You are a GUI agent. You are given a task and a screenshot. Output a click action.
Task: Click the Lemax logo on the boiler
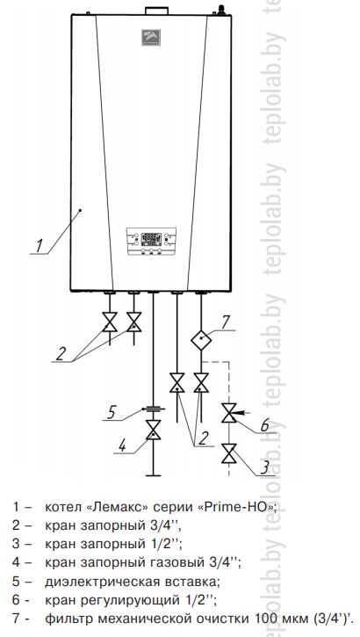click(x=151, y=37)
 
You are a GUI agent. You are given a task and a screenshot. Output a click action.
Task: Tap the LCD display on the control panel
click(x=151, y=239)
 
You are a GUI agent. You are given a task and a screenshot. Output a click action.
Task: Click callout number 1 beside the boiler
click(x=39, y=246)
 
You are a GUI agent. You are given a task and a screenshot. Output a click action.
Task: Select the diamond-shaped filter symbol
click(x=201, y=340)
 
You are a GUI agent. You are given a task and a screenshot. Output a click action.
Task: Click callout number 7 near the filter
click(x=226, y=322)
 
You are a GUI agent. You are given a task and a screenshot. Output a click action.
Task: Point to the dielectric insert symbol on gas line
click(x=153, y=409)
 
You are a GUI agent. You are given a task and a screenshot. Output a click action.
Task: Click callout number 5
click(x=112, y=413)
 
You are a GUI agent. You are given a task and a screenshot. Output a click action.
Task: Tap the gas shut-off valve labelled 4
click(x=153, y=430)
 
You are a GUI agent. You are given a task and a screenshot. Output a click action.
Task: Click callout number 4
click(x=123, y=445)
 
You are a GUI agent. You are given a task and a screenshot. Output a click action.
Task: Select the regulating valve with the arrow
click(x=229, y=413)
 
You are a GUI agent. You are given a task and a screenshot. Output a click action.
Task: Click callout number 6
click(x=264, y=426)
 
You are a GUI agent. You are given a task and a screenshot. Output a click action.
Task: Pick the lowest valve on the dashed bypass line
click(x=229, y=453)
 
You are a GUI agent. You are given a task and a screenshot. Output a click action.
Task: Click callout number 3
click(x=264, y=467)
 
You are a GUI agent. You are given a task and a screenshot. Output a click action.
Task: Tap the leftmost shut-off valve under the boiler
click(x=110, y=322)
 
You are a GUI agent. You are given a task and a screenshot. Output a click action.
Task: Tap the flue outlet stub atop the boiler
click(x=156, y=11)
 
